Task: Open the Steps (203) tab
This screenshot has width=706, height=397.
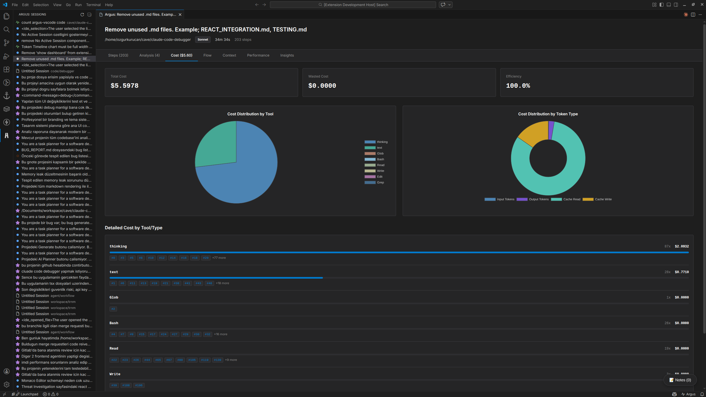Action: pos(118,55)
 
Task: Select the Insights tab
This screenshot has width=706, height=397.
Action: pos(287,55)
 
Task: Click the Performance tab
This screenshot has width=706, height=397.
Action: pos(258,55)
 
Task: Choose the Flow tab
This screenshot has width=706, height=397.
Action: pos(207,55)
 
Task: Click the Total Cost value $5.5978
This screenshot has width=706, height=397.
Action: pos(124,86)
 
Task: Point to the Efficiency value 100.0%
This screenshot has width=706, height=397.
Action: pos(518,86)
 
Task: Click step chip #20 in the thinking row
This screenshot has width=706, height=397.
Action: pos(206,258)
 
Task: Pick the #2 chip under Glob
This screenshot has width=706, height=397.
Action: pos(113,309)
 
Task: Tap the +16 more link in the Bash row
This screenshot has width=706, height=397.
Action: pos(221,334)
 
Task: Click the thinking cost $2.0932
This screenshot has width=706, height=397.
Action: pos(681,246)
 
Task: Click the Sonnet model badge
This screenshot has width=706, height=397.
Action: pos(203,40)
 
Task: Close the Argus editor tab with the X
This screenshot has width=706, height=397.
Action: pos(180,15)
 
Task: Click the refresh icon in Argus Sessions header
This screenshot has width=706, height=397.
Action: pos(82,15)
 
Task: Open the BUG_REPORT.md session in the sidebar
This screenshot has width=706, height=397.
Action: pos(56,150)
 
